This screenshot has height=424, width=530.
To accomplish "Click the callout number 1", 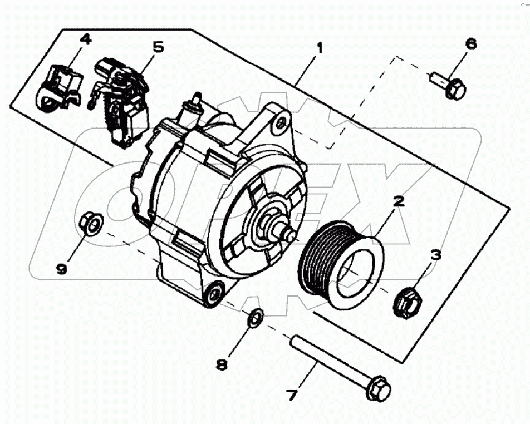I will tap(319, 48).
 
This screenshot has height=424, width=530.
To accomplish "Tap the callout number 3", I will tap(435, 255).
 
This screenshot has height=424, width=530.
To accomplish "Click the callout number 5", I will tap(158, 47).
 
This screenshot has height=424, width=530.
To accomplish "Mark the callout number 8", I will tap(222, 365).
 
